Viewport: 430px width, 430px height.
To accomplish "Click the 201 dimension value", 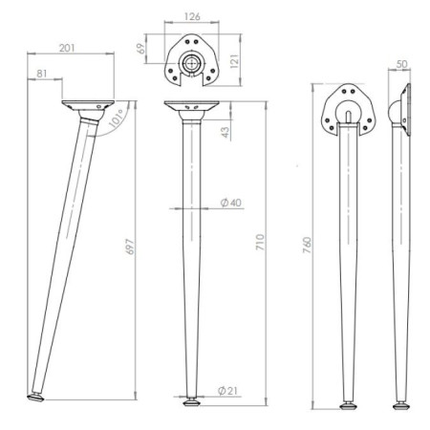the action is (67, 48).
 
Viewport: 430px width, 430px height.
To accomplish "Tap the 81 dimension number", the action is (42, 74).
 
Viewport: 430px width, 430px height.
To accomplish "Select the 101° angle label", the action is (117, 118).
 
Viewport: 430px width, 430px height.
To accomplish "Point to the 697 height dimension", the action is (131, 247).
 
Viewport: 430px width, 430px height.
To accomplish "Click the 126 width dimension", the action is (192, 16).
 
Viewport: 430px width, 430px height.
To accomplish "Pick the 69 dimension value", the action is (140, 49).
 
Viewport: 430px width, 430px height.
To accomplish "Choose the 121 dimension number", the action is (234, 61).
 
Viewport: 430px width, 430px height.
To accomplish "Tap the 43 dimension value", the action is (226, 132).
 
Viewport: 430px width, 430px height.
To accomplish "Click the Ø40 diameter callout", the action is (231, 203).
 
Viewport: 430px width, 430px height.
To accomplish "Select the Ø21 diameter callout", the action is (227, 391).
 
